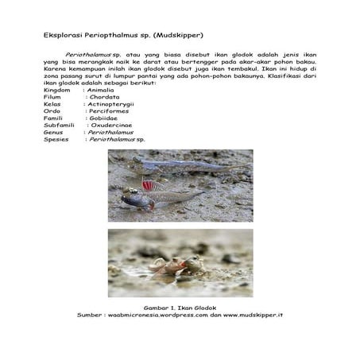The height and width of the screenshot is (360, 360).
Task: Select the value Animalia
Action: [x=99, y=91]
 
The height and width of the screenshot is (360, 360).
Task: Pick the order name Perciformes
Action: [x=109, y=110]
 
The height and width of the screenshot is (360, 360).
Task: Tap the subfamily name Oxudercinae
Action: [x=114, y=125]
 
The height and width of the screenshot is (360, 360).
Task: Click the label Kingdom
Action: [x=57, y=91]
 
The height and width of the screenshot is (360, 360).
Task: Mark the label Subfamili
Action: [x=60, y=125]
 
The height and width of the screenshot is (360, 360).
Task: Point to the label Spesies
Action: [x=56, y=138]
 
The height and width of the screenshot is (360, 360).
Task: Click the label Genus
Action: [x=53, y=132]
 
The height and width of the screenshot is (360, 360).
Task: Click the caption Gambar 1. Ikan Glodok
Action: [x=180, y=308]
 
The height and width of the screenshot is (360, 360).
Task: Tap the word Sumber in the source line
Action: [x=91, y=315]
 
